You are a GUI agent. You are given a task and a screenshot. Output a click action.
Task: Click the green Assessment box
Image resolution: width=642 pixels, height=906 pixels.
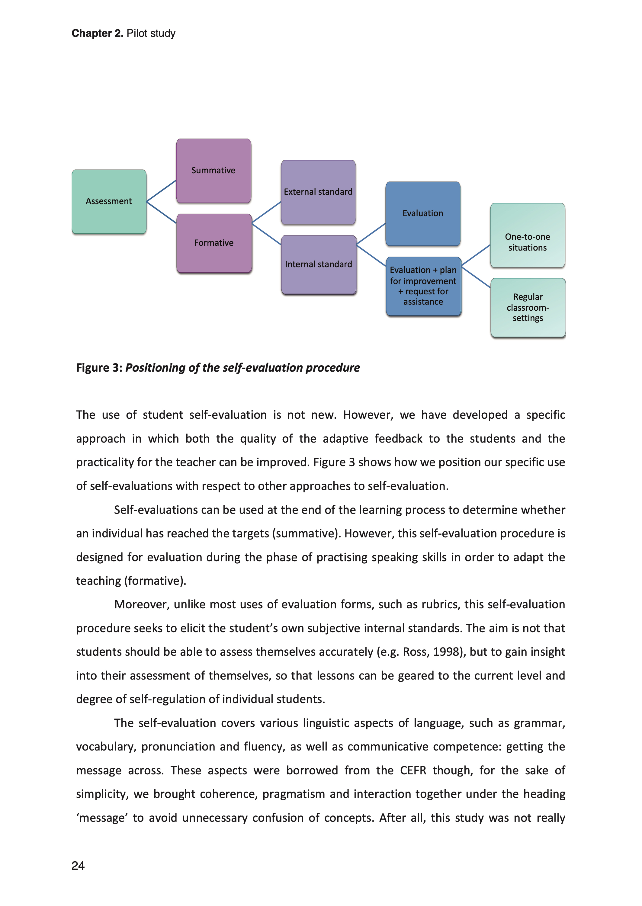(109, 201)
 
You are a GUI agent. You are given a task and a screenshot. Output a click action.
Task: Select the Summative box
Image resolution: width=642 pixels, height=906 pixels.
(213, 171)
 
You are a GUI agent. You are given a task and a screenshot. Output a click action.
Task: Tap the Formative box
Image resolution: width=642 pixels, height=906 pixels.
(214, 243)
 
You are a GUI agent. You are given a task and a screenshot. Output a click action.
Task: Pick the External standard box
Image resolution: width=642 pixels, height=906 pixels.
(318, 192)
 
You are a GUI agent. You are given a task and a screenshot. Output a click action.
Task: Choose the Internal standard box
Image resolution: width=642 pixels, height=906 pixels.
(319, 264)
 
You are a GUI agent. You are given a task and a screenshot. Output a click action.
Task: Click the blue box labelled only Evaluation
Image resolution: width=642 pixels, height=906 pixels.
(422, 213)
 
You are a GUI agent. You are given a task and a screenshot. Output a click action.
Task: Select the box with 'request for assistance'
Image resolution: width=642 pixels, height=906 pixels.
(423, 286)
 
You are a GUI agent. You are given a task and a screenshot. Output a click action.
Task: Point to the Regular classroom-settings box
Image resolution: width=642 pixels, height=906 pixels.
(528, 307)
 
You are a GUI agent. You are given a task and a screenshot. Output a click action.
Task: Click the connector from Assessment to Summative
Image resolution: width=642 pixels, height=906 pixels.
(161, 191)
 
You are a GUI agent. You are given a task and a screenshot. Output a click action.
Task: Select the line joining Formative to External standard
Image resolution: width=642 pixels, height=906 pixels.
(266, 212)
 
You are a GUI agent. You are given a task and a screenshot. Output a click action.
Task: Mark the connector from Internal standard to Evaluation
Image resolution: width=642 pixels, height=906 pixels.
(371, 234)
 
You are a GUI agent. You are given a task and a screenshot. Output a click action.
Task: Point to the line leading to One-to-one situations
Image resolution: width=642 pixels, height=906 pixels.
(476, 255)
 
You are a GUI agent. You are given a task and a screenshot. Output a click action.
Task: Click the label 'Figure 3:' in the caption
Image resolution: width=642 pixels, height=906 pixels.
(99, 368)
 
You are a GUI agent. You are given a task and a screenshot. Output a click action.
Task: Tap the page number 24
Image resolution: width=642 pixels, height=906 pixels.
(78, 866)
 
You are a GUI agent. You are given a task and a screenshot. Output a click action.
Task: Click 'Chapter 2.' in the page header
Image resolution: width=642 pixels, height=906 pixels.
(97, 34)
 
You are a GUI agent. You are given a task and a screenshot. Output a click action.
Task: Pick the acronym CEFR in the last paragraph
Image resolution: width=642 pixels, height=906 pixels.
(413, 770)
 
